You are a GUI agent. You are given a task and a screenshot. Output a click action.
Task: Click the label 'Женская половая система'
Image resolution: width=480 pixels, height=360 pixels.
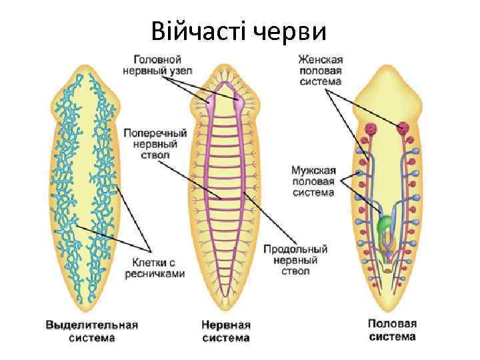pos(320,70)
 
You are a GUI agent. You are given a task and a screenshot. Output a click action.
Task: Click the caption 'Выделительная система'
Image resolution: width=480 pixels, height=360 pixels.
pos(91,331)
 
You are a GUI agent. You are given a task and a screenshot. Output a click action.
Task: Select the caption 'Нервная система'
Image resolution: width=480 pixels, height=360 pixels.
pos(225,331)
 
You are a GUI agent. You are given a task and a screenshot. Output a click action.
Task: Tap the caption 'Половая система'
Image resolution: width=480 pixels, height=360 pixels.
pos(392,330)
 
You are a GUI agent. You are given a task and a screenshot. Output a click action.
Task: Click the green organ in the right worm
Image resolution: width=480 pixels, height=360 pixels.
pos(383,226)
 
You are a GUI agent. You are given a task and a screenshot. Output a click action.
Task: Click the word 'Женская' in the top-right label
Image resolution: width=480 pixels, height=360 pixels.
pos(320,59)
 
